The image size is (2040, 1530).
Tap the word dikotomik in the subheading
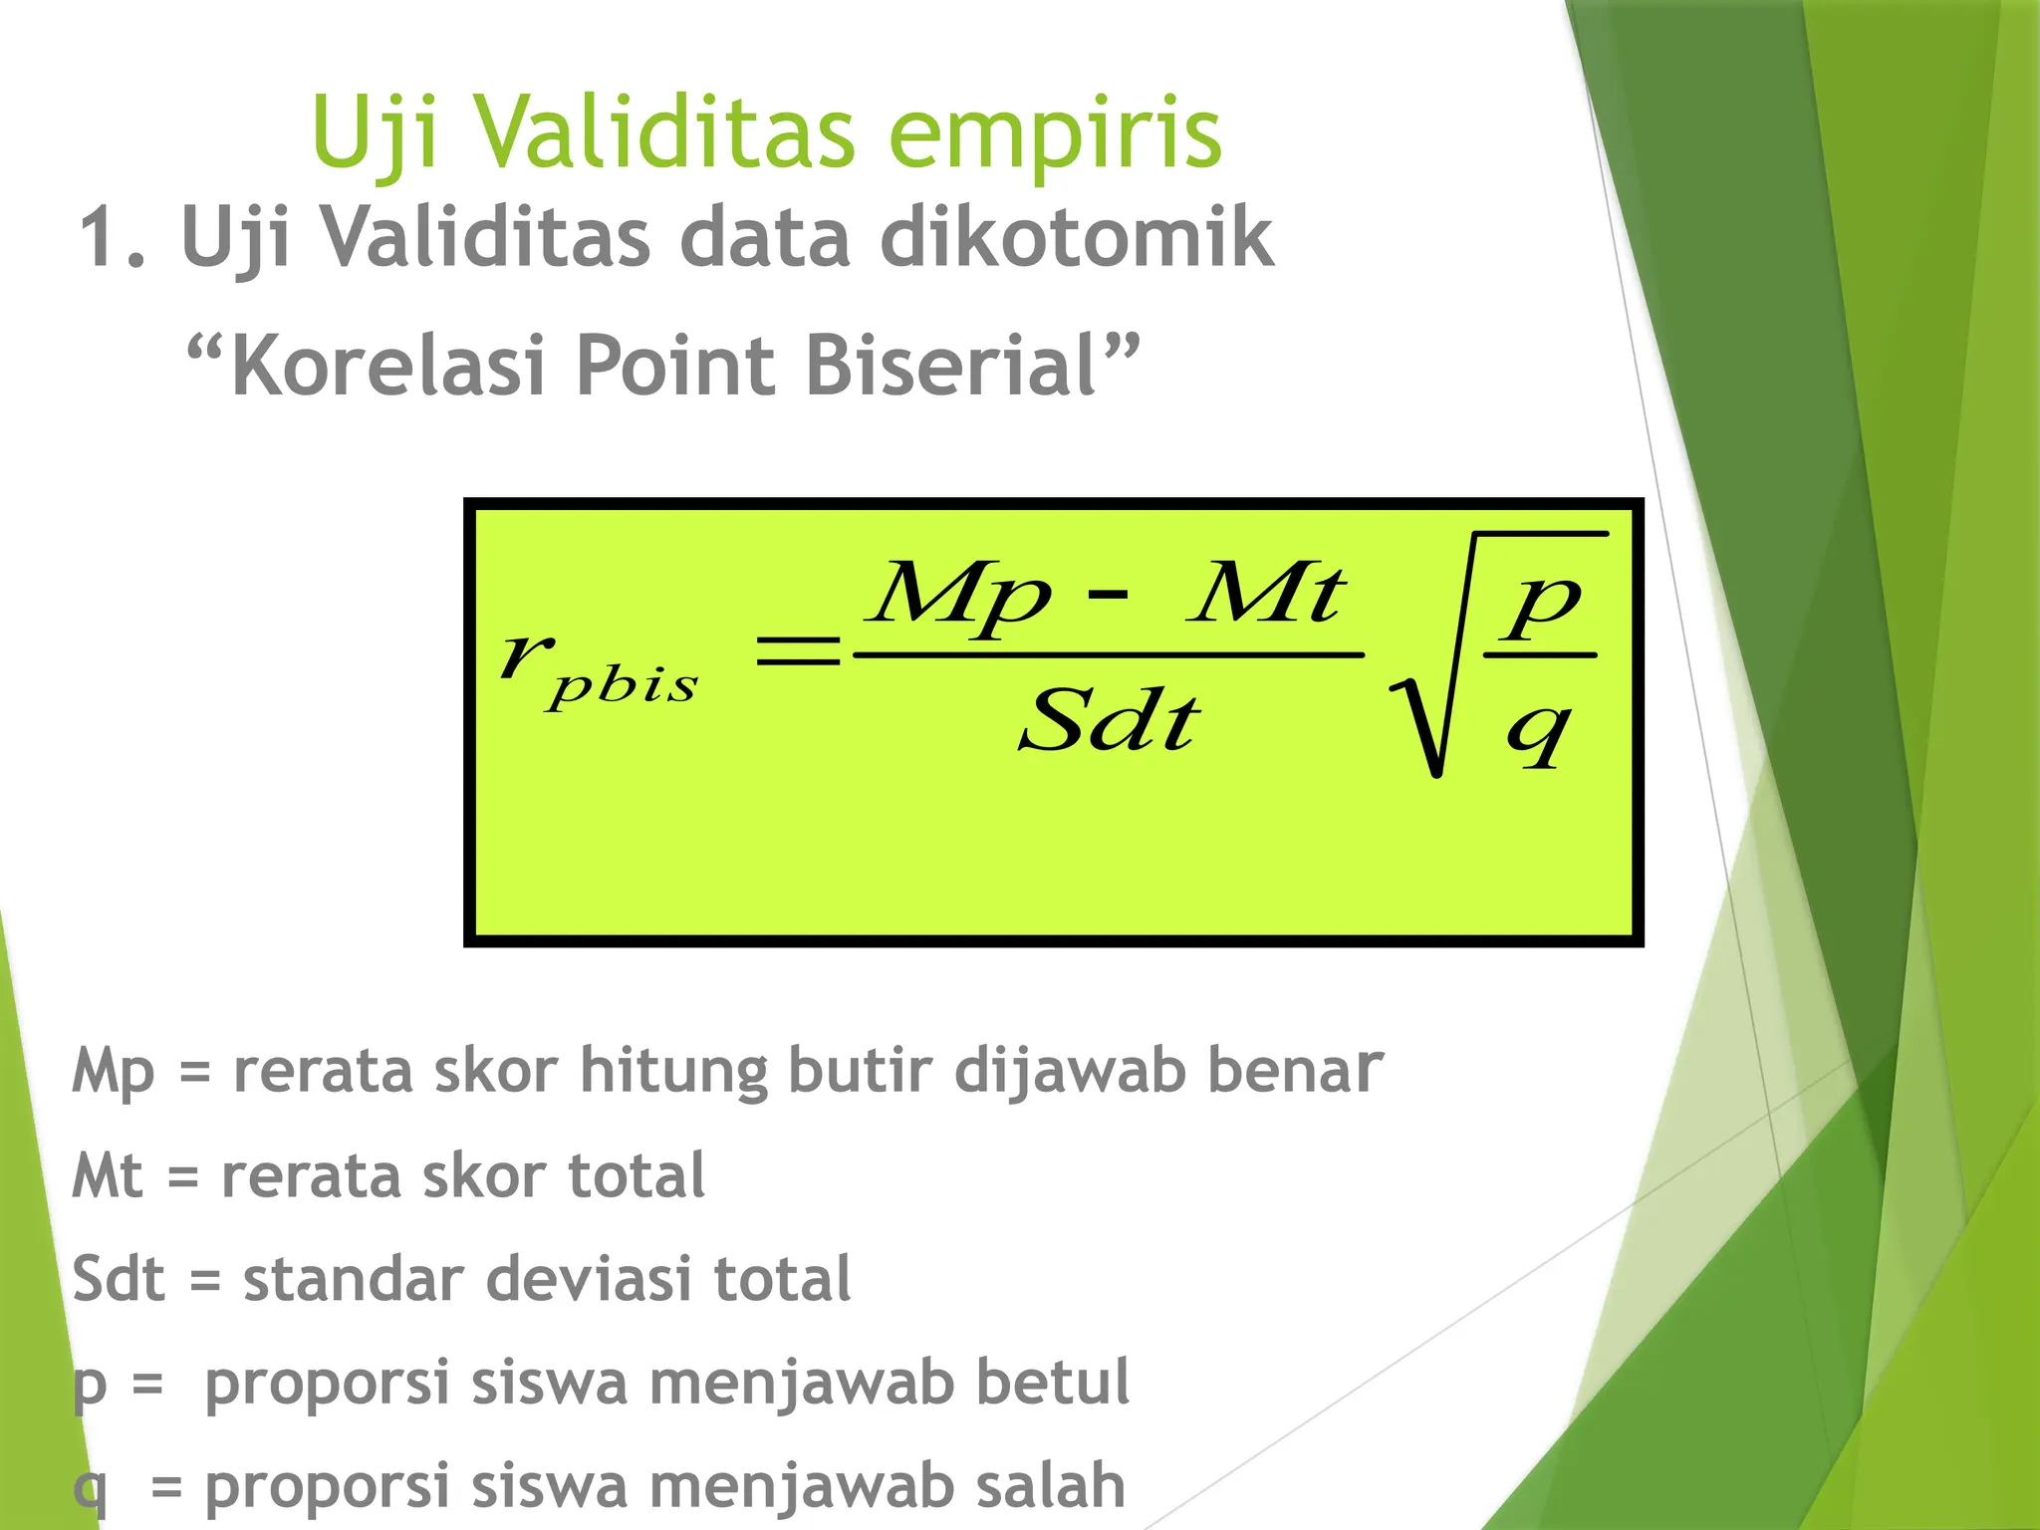click(x=1076, y=239)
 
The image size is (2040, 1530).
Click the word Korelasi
click(x=388, y=366)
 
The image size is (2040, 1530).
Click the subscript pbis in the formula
click(x=623, y=685)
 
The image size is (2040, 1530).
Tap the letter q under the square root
click(x=1539, y=732)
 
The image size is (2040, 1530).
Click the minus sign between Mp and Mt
click(x=1108, y=595)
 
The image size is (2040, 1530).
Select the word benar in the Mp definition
click(x=1295, y=1071)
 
